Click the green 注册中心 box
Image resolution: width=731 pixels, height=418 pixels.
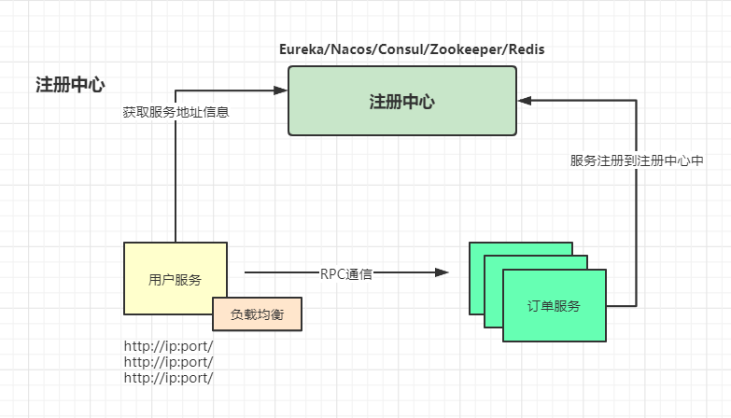tap(401, 101)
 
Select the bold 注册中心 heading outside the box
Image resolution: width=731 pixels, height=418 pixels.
tap(70, 85)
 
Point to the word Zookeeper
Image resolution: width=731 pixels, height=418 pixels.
tap(466, 49)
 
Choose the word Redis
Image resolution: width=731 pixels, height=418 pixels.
tap(525, 49)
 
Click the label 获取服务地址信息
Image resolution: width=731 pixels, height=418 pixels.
tap(176, 112)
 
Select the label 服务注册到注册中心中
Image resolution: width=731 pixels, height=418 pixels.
tap(637, 160)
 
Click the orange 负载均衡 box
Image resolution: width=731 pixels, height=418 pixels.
tap(257, 314)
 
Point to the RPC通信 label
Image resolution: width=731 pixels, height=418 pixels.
tap(346, 273)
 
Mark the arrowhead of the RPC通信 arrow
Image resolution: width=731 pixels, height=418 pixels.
tap(442, 273)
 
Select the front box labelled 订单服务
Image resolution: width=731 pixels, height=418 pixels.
tap(554, 306)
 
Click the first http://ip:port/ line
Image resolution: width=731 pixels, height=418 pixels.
tap(168, 346)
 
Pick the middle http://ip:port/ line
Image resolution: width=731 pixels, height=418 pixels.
tap(168, 362)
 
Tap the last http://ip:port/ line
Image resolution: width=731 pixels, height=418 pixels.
tap(168, 378)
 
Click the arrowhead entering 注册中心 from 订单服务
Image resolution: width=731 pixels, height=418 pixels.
tap(525, 100)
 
